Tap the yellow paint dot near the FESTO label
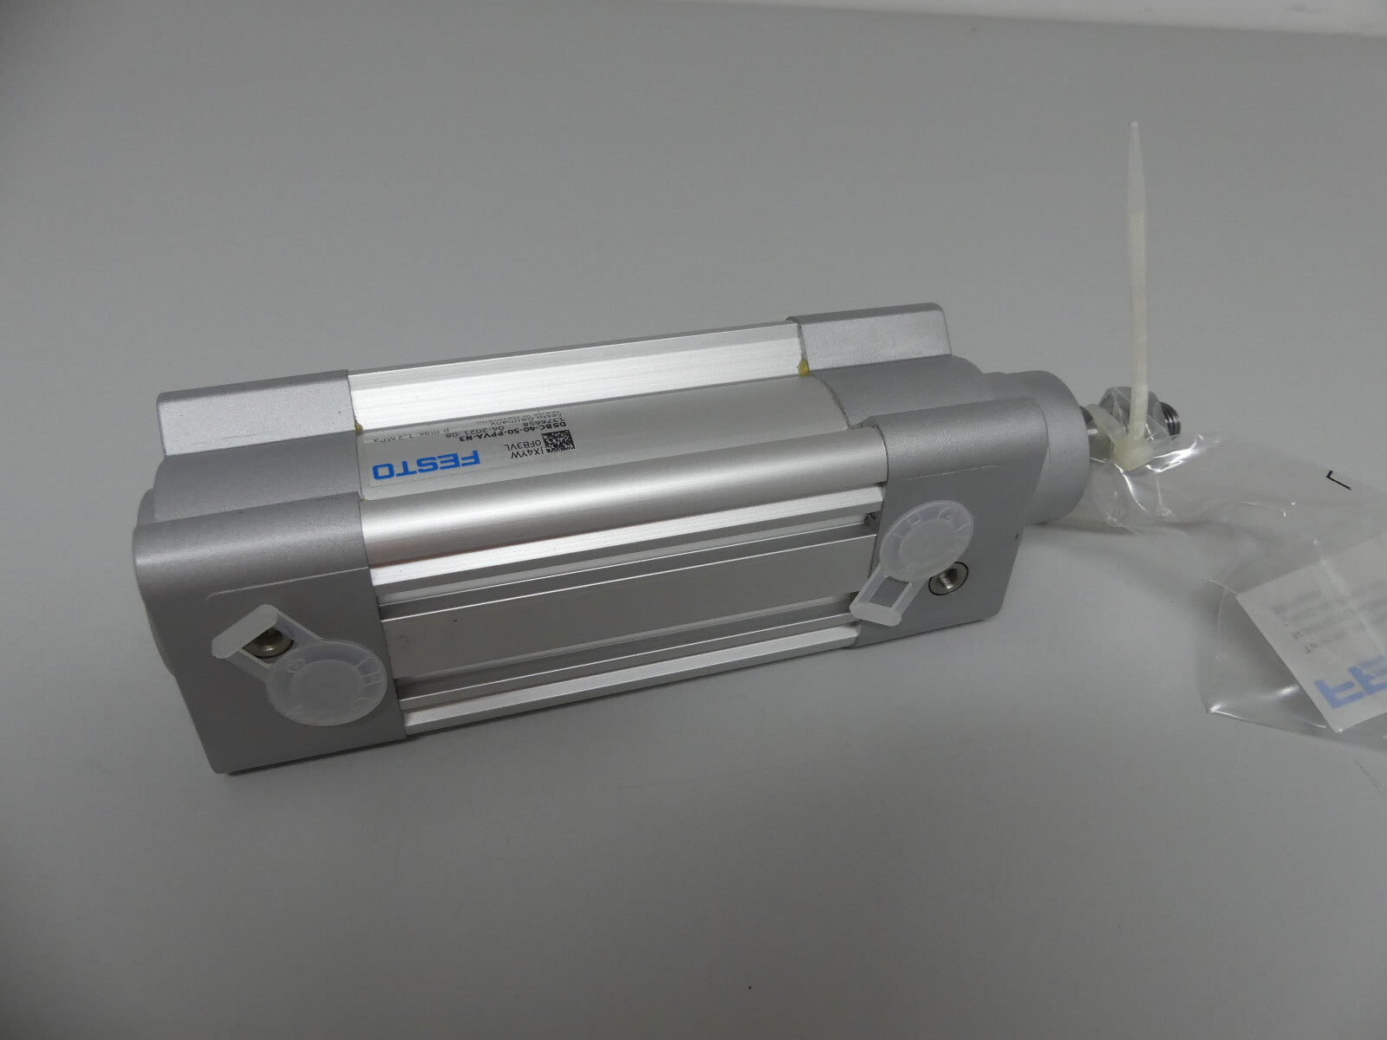point(358,427)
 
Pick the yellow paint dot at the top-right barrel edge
point(805,368)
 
